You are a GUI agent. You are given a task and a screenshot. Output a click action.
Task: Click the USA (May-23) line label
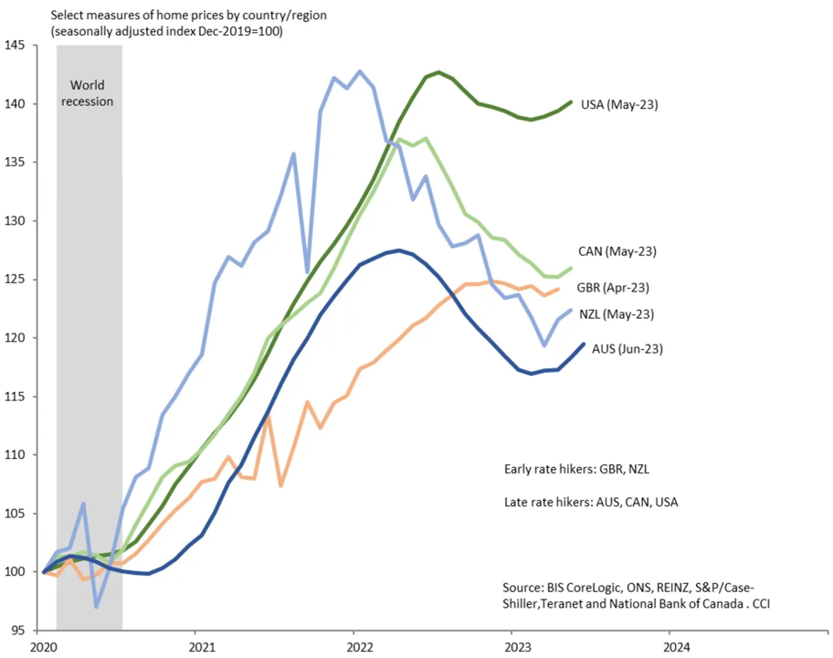[619, 104]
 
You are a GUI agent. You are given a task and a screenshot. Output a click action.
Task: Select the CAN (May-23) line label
[617, 250]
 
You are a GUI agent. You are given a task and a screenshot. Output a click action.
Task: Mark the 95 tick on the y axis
[19, 630]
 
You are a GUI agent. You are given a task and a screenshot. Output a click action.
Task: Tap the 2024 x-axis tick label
[669, 647]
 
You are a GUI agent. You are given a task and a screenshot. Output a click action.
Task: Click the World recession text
[89, 93]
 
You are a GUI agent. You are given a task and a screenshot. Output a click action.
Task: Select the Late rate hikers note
[591, 502]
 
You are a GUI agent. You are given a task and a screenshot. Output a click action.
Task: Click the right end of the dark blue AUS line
[584, 344]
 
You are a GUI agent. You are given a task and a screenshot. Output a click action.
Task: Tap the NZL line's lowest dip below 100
[96, 606]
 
